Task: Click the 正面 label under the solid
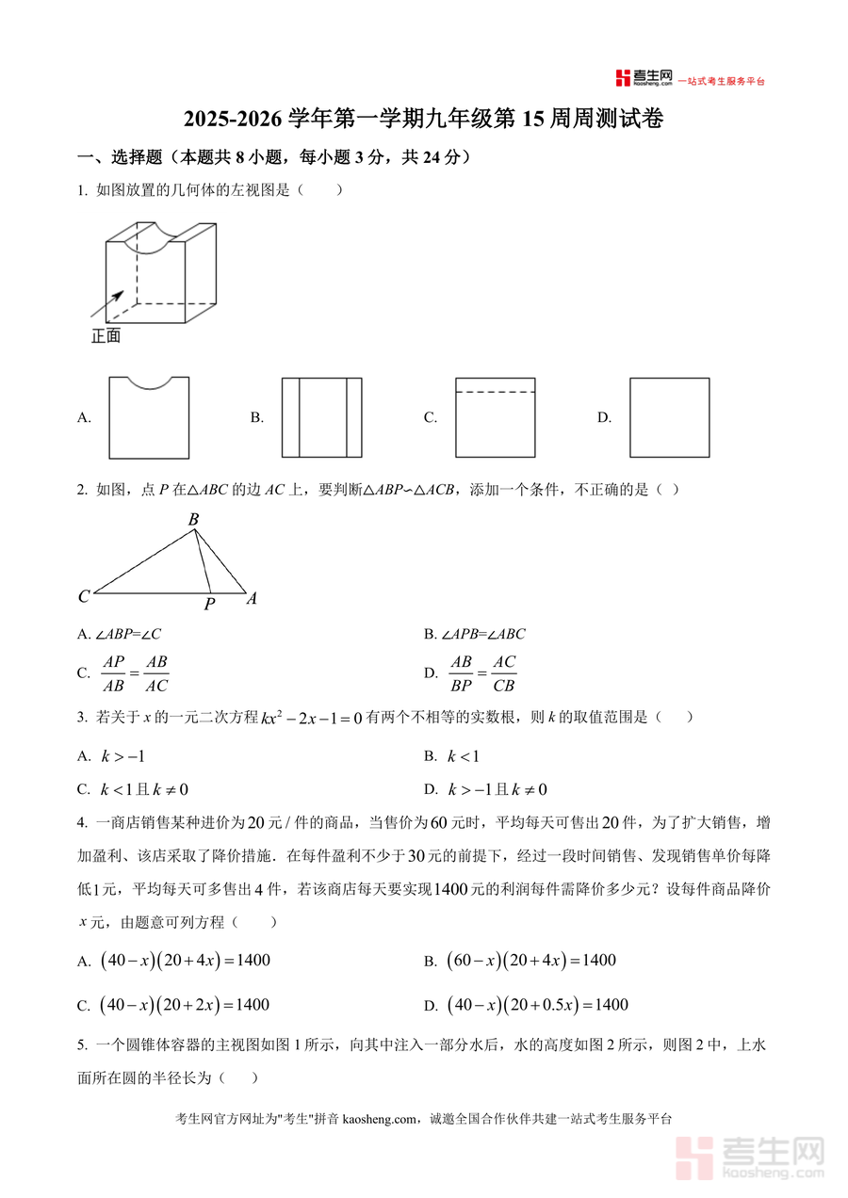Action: [x=106, y=336]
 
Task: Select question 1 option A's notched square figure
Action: [x=149, y=417]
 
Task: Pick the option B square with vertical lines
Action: [x=321, y=417]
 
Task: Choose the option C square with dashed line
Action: [x=495, y=417]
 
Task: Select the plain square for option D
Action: [x=669, y=417]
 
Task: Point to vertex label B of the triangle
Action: [x=193, y=520]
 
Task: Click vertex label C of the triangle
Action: [x=84, y=596]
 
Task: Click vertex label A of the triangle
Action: [x=252, y=598]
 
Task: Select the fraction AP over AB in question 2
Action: [x=114, y=673]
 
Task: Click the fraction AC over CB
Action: [x=504, y=673]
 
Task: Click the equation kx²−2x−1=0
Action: [x=312, y=719]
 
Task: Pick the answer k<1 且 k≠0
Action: [x=139, y=789]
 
